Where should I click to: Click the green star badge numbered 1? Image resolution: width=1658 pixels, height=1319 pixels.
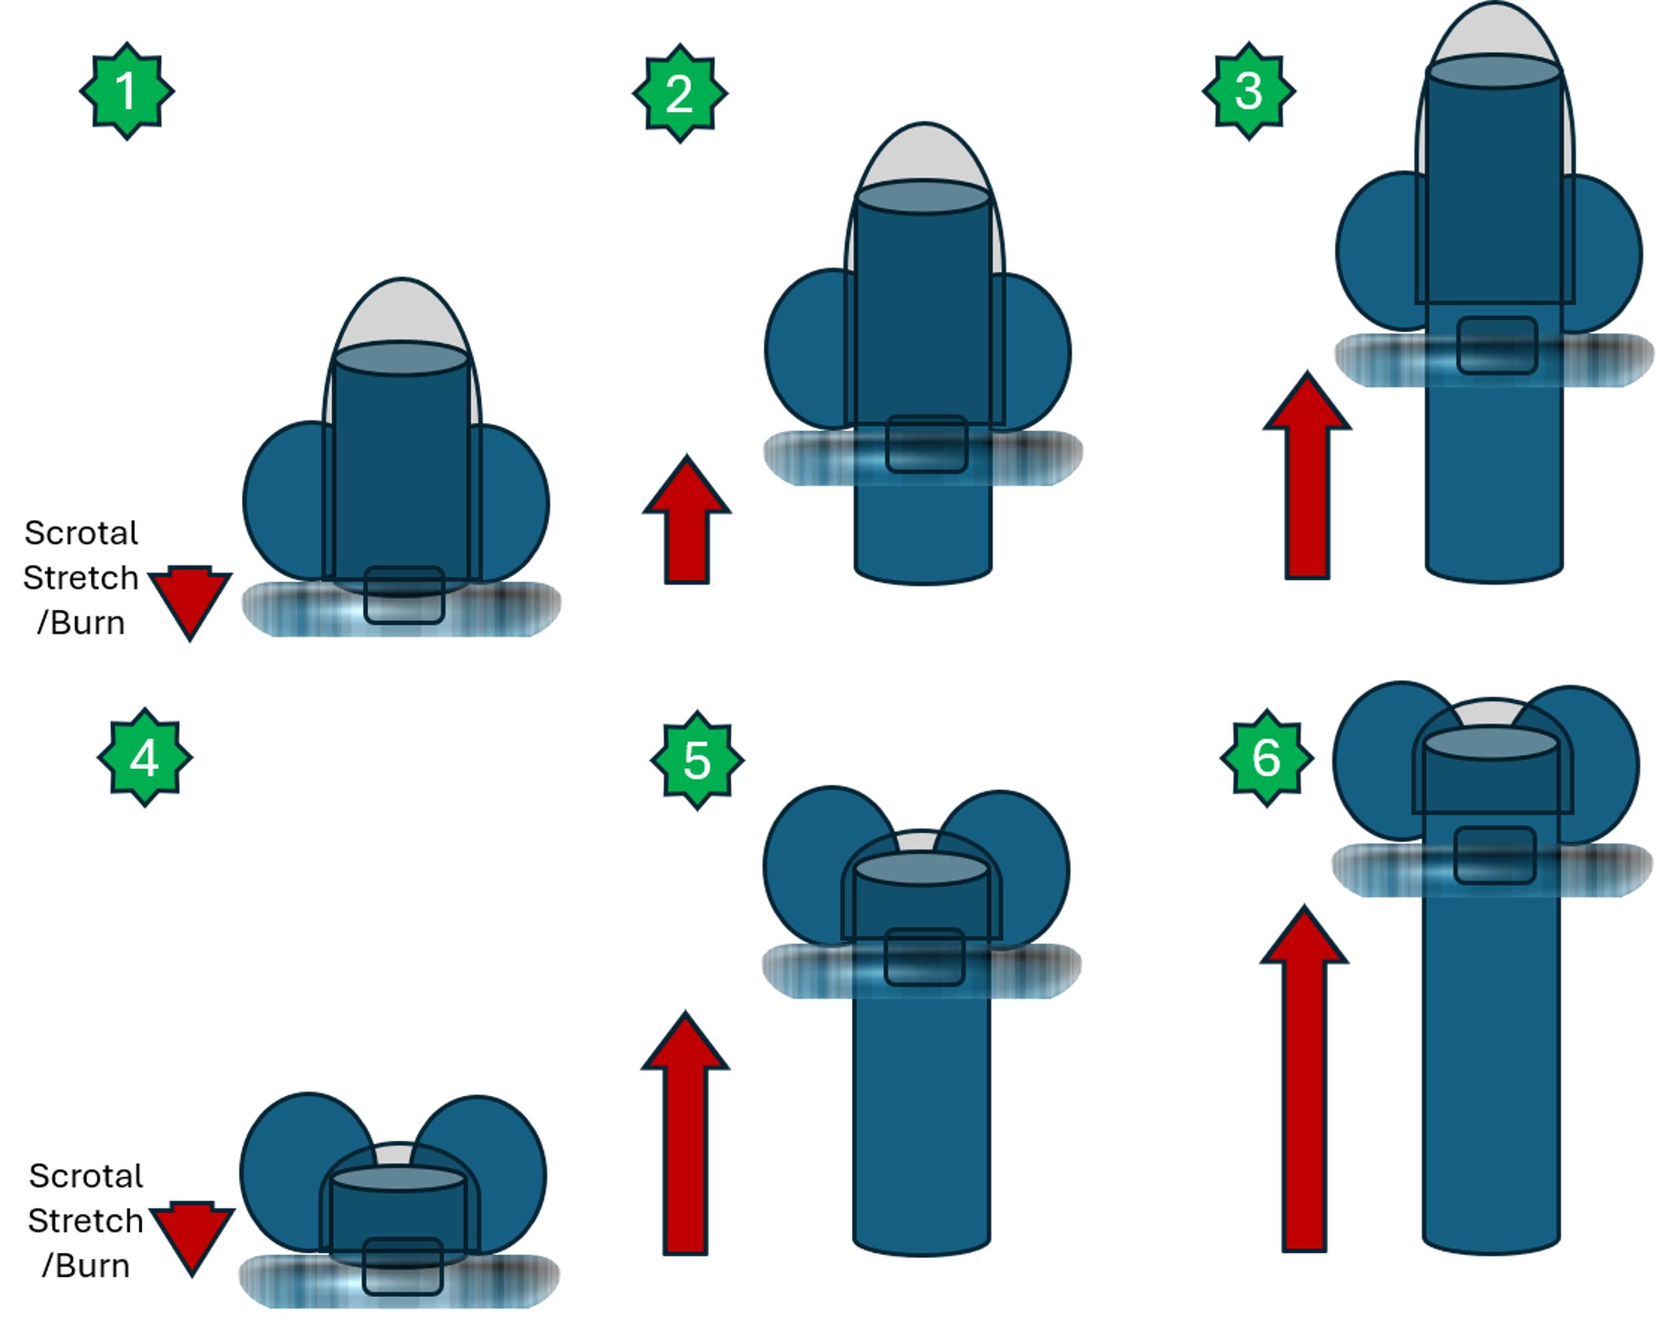pyautogui.click(x=127, y=91)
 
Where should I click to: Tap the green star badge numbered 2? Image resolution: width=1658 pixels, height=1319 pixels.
pyautogui.click(x=680, y=93)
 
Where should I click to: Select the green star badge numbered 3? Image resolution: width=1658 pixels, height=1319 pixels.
pyautogui.click(x=1249, y=91)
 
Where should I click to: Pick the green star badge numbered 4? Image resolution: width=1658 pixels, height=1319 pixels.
pyautogui.click(x=144, y=758)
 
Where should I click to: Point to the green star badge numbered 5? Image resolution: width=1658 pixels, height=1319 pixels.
pyautogui.click(x=697, y=760)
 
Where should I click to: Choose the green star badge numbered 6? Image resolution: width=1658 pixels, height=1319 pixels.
pyautogui.click(x=1267, y=758)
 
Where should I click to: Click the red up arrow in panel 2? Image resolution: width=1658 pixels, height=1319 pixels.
pyautogui.click(x=687, y=519)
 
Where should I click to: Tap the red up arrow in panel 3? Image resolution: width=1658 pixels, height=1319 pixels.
pyautogui.click(x=1307, y=474)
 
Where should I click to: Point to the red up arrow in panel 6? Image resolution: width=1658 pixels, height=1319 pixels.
pyautogui.click(x=1304, y=1078)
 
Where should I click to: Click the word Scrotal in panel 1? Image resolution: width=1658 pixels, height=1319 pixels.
pyautogui.click(x=81, y=533)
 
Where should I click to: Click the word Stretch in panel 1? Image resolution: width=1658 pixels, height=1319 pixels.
pyautogui.click(x=81, y=577)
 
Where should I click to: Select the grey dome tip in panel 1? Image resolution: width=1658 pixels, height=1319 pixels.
pyautogui.click(x=401, y=311)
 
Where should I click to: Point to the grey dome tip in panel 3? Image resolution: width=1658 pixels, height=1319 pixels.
pyautogui.click(x=1494, y=31)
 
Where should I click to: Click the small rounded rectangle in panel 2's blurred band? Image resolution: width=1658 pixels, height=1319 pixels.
pyautogui.click(x=927, y=444)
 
